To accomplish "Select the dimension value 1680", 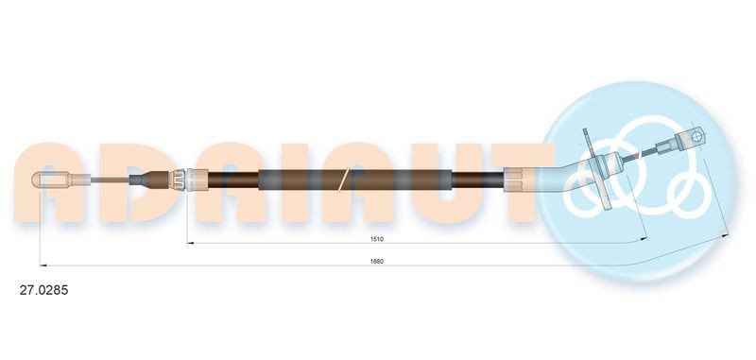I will coord(377,261).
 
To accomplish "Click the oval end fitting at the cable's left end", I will coord(53,178).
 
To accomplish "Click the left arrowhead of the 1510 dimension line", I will coord(188,244).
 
